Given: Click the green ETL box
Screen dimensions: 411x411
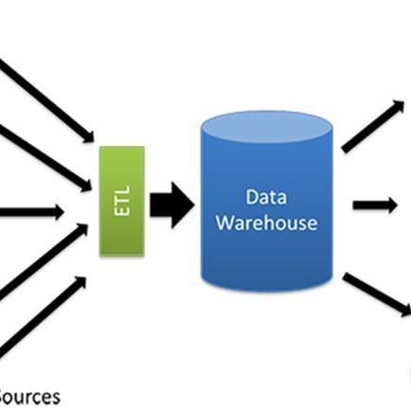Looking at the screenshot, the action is [122, 201].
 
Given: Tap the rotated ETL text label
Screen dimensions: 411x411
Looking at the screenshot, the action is [123, 201].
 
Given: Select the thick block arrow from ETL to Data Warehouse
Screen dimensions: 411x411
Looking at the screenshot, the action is [172, 205].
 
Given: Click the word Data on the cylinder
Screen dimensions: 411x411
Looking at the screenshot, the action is [266, 197].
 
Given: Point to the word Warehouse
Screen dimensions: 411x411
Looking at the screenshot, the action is [267, 222].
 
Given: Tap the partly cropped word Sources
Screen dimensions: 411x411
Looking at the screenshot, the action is [29, 397].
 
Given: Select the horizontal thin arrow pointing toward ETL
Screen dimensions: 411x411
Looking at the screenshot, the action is [31, 212].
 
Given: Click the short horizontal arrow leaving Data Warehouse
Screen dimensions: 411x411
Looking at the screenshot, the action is [375, 205].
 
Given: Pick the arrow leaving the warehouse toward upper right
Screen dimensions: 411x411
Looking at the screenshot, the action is [373, 126].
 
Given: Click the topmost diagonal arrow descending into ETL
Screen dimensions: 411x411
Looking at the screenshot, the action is [47, 101].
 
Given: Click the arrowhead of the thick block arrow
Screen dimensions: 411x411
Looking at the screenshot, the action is [182, 205].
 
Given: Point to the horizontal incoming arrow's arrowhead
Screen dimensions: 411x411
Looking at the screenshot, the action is [58, 212].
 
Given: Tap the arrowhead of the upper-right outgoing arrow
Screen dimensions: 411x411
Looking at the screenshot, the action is [399, 107].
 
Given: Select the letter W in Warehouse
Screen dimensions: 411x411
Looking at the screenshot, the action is [225, 222].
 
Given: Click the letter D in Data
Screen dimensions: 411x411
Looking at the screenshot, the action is [252, 197].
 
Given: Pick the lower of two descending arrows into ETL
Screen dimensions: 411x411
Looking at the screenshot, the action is [46, 157].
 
